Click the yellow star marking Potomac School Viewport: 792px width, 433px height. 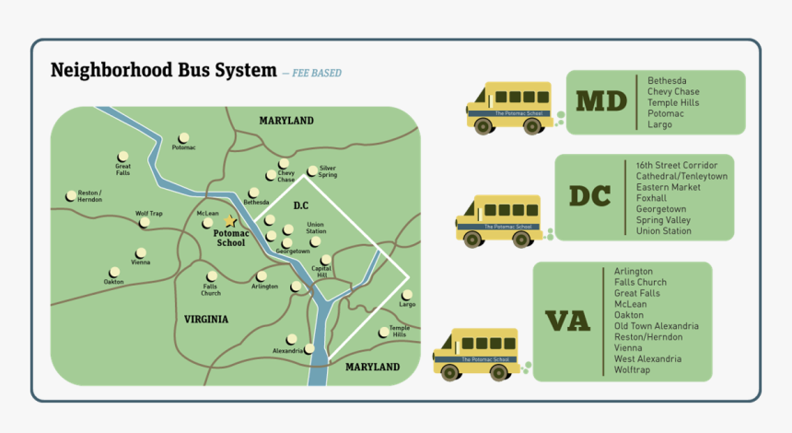pos(229,221)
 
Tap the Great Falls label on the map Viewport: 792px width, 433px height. pos(122,170)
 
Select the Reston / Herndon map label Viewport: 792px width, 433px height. pos(89,196)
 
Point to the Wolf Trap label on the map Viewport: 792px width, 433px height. pos(148,214)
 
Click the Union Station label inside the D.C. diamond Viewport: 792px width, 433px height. pos(316,228)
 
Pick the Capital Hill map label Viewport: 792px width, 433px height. pos(320,272)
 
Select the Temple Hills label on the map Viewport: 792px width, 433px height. pos(399,332)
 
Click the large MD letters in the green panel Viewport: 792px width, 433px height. pos(601,100)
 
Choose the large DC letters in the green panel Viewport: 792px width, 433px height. pos(590,195)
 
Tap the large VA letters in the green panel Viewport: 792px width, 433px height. pos(568,321)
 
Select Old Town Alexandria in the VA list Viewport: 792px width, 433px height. pos(656,326)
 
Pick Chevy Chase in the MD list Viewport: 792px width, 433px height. pos(672,91)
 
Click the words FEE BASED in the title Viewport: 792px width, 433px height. pos(316,73)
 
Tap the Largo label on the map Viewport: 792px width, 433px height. pos(406,304)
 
